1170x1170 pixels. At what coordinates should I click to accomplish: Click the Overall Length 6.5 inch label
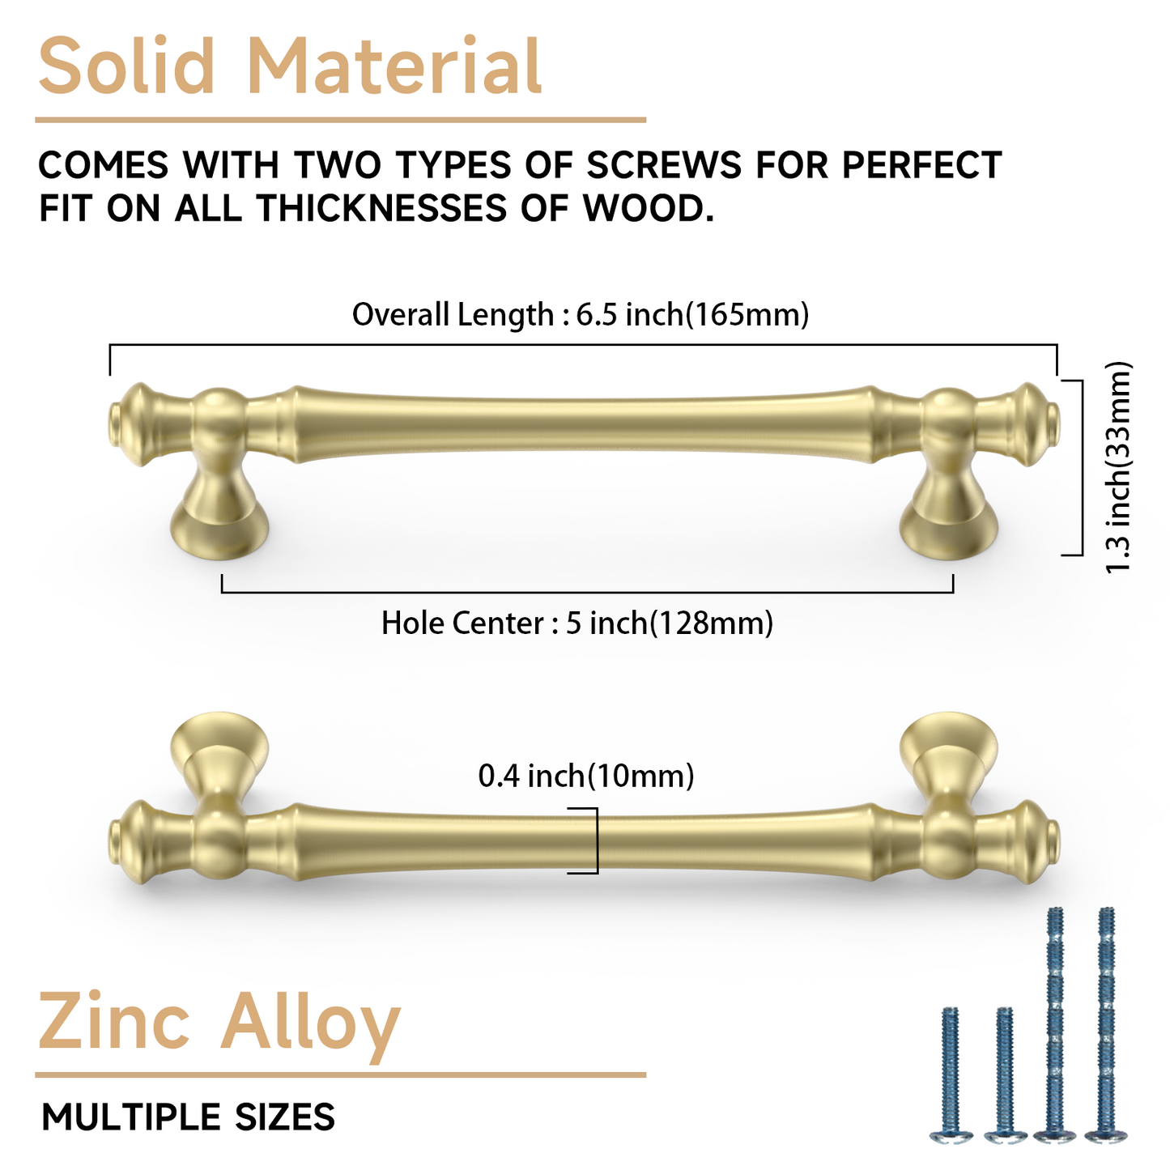tap(581, 314)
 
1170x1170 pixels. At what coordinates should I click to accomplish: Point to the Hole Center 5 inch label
tap(577, 623)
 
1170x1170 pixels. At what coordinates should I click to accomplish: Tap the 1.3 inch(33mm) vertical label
tap(1119, 467)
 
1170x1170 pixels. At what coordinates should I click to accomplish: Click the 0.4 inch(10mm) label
tap(586, 776)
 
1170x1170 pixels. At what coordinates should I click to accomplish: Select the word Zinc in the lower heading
tap(114, 1022)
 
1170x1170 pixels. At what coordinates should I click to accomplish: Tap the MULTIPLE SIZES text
tap(188, 1117)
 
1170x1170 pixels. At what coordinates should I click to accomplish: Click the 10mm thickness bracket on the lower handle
tap(595, 840)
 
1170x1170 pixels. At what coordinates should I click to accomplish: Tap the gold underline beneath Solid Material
tap(340, 121)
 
